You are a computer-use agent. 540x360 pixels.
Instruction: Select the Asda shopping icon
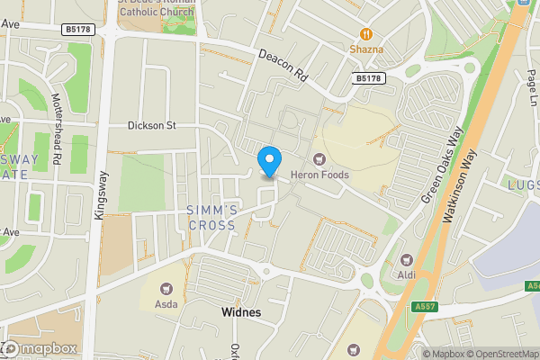pyautogui.click(x=166, y=289)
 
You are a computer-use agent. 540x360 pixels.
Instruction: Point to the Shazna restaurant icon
pyautogui.click(x=358, y=35)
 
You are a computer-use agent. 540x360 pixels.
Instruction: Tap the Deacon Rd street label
pyautogui.click(x=283, y=67)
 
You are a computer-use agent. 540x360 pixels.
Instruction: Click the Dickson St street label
pyautogui.click(x=151, y=126)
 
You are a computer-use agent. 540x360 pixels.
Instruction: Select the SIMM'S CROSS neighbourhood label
pyautogui.click(x=212, y=218)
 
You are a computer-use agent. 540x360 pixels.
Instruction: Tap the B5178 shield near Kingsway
pyautogui.click(x=77, y=30)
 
